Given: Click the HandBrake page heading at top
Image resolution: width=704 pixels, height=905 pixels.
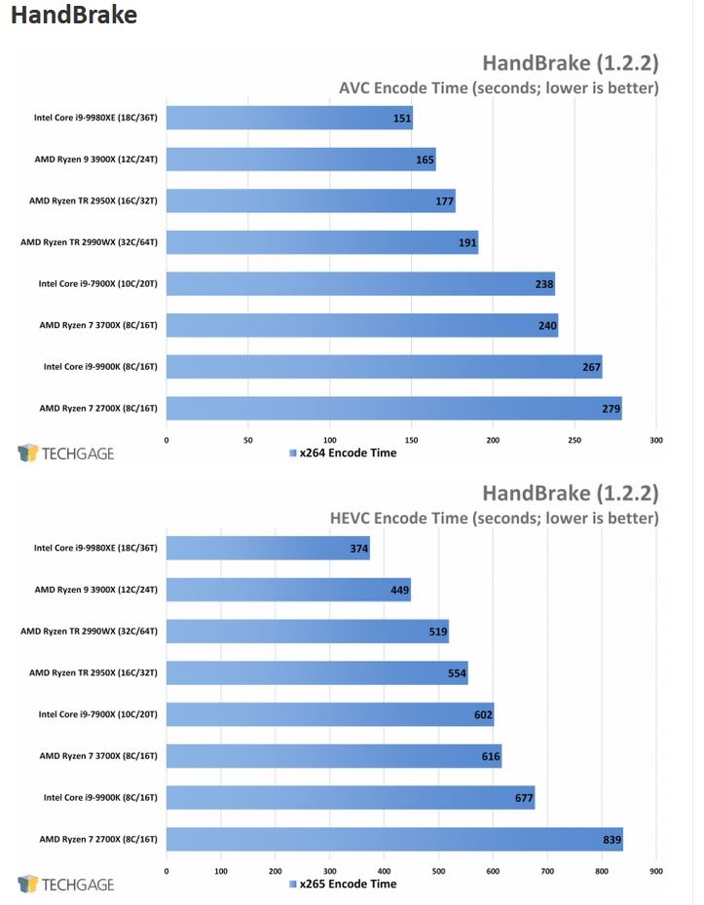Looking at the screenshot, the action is point(74,15).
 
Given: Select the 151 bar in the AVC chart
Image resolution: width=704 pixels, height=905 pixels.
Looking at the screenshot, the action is point(289,118).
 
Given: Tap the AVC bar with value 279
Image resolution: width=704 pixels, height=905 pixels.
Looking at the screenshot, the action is point(394,409).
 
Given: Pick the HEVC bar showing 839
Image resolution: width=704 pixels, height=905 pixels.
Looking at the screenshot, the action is point(394,839).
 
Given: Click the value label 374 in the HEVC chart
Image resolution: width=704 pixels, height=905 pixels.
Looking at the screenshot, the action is point(358,548).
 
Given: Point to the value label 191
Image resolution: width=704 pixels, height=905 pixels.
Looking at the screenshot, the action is point(467,242).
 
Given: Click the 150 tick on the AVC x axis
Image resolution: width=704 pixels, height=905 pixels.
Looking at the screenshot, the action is point(411,440).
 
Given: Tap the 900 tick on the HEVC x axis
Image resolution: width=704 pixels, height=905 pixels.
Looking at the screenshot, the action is point(656,871).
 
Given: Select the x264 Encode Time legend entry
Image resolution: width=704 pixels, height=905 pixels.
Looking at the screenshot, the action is point(343,453).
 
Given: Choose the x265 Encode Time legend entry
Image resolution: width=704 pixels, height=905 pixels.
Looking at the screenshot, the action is point(343,884).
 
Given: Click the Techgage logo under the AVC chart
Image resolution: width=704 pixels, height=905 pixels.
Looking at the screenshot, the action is point(66,453).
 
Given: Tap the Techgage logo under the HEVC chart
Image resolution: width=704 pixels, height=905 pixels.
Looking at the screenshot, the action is point(66,885).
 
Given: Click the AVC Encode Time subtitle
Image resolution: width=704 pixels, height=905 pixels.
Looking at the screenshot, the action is point(499,88).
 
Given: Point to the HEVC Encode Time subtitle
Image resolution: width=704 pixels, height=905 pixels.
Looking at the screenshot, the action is point(495,518).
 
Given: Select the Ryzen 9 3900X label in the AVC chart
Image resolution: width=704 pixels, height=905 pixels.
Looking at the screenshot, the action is point(95,160).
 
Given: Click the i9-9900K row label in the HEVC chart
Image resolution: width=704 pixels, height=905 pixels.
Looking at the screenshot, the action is point(100,798).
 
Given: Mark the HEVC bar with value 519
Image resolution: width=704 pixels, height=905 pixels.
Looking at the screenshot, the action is point(308,632).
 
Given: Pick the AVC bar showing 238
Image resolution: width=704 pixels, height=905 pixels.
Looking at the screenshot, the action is point(360,284).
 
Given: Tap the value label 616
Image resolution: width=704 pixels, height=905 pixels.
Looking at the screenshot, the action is point(491,756).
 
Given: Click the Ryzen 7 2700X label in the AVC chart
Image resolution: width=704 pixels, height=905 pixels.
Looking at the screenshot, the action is point(98,409).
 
